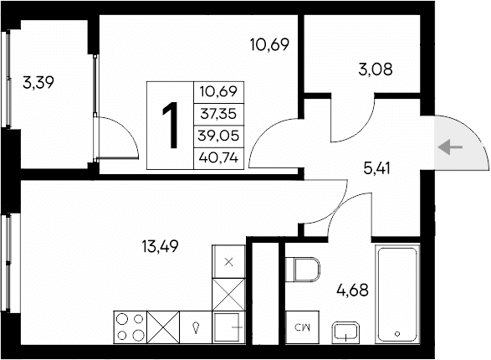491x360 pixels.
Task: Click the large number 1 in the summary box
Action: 171,124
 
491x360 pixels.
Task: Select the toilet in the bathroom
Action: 303,270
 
